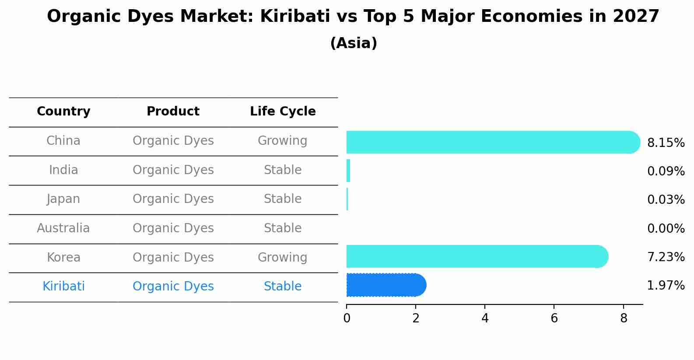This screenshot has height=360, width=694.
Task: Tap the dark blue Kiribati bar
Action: (x=385, y=285)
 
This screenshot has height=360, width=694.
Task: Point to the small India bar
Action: (x=348, y=171)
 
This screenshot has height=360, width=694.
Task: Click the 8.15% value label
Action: (x=666, y=143)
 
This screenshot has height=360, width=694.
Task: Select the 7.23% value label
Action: (x=666, y=257)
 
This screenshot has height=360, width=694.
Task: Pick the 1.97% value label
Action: (x=666, y=286)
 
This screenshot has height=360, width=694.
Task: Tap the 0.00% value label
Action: (x=666, y=229)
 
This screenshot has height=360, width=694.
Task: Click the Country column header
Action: (x=63, y=112)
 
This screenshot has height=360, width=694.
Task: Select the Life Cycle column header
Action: (x=283, y=112)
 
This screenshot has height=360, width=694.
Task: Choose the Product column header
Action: (x=173, y=112)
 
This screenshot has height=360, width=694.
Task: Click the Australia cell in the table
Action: (x=63, y=228)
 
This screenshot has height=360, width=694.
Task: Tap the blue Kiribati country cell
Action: (x=63, y=287)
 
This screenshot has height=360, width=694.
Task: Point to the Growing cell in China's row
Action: (x=282, y=141)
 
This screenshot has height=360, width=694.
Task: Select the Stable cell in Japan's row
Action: (x=282, y=199)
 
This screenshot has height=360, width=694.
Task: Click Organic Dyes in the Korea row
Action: (x=173, y=257)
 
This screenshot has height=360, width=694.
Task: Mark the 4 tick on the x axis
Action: (x=485, y=318)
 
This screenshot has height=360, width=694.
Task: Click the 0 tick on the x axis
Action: (x=347, y=318)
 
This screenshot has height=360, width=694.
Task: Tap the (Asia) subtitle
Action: (x=354, y=43)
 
